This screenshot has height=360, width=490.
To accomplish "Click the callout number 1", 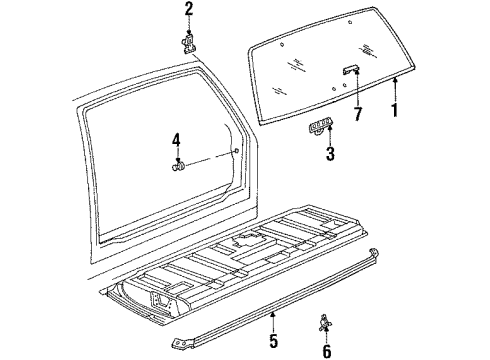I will (395, 109).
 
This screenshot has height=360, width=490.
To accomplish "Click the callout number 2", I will (188, 11).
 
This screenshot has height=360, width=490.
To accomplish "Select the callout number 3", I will (329, 154).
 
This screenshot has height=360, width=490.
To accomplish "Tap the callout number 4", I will (177, 140).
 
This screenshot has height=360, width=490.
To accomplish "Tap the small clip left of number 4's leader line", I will (178, 164).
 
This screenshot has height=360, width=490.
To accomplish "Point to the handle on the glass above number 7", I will (351, 69).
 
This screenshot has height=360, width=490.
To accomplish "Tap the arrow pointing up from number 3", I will (327, 135).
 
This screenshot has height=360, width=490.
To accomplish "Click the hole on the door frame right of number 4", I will (236, 153).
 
